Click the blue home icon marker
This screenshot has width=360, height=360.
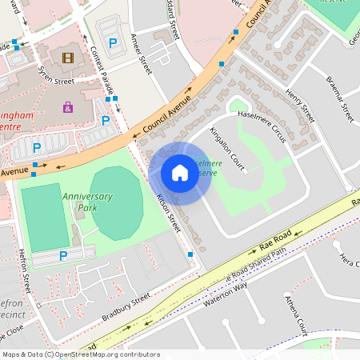point(180,173)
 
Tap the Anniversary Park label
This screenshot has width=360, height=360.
point(88,202)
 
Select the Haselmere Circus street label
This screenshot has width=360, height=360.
point(258,130)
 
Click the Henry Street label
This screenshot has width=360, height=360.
point(295,104)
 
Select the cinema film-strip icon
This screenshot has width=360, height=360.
point(67,58)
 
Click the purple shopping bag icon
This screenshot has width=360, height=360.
point(68,106)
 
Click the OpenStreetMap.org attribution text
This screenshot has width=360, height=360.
point(104,354)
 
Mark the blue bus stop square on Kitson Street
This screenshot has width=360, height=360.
point(190,254)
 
